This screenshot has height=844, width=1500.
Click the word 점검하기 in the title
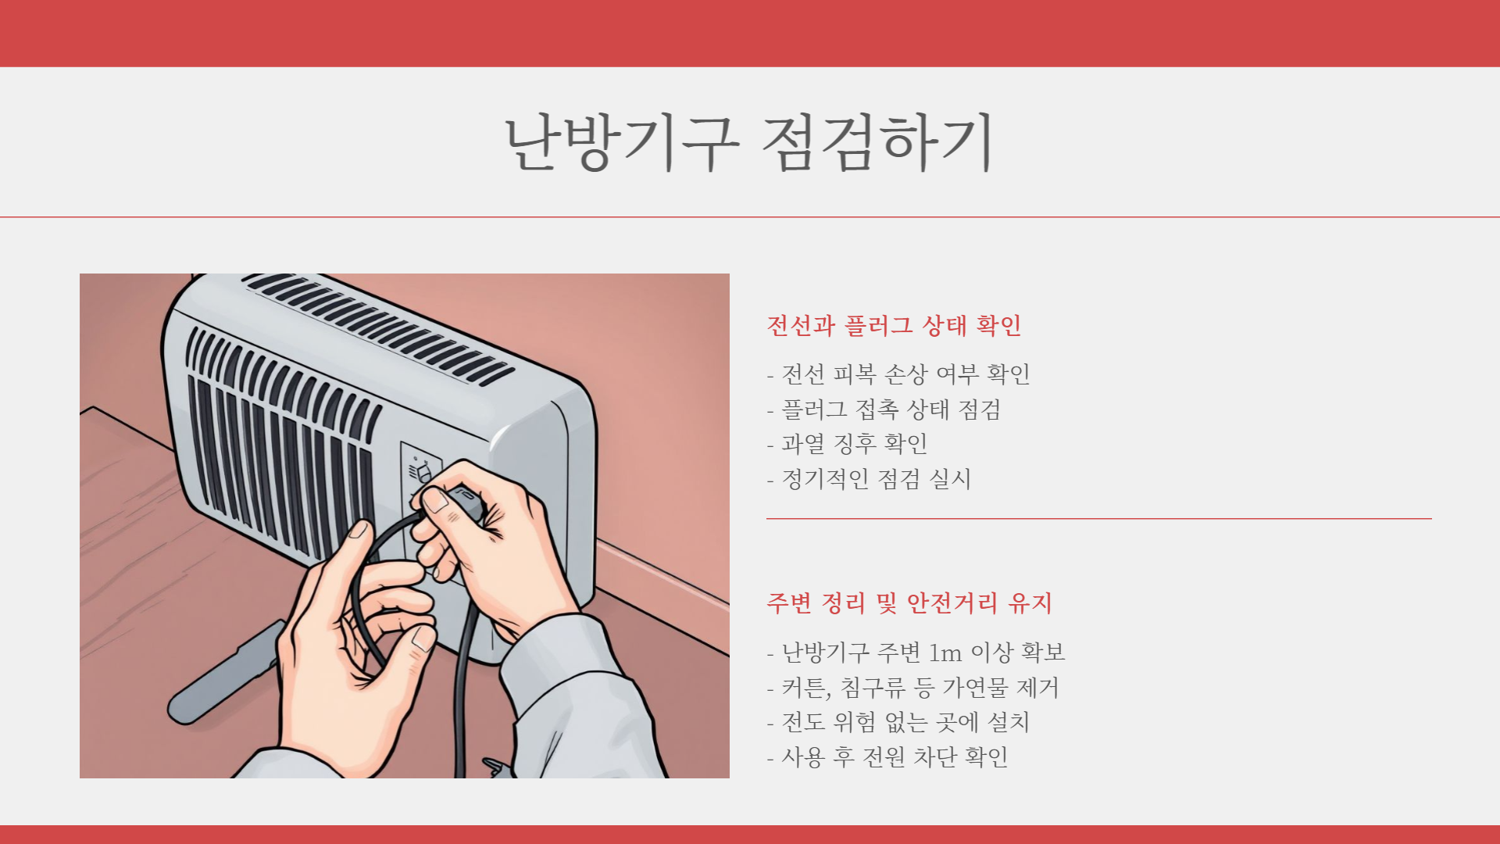(877, 141)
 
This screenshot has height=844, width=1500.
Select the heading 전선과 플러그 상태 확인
(894, 325)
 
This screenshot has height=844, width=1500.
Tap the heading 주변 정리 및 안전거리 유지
(909, 603)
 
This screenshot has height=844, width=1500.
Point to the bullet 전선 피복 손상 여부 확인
(898, 374)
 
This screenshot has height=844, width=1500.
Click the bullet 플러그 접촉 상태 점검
(884, 409)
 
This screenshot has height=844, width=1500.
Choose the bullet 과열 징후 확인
(848, 444)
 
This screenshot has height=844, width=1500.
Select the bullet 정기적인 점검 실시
(869, 478)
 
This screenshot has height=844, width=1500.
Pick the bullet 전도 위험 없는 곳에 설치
(898, 722)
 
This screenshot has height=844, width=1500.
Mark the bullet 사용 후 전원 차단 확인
(887, 756)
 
